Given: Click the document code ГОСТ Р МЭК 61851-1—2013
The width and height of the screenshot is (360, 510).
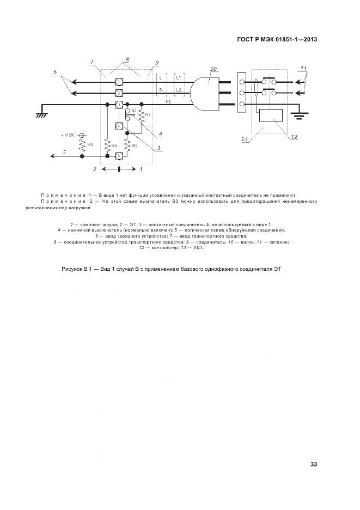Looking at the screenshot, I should click(277, 39).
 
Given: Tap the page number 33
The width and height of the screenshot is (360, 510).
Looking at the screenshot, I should click(313, 464).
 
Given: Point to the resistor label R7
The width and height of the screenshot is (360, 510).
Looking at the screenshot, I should click(148, 114).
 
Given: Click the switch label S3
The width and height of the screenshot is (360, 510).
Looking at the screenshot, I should click(135, 111).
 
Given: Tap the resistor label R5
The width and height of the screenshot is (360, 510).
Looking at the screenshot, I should click(114, 145).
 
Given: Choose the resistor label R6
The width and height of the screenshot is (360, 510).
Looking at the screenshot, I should click(134, 145).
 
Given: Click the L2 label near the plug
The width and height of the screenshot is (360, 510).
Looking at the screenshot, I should click(179, 89).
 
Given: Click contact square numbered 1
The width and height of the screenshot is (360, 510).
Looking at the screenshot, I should click(118, 82).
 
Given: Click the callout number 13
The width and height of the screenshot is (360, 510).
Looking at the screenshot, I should click(245, 139).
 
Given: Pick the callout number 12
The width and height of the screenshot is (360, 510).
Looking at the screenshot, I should click(294, 136).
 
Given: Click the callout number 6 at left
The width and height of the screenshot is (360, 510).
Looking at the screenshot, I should click(55, 72).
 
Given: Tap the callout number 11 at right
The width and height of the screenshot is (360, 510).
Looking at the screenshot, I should click(303, 68).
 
